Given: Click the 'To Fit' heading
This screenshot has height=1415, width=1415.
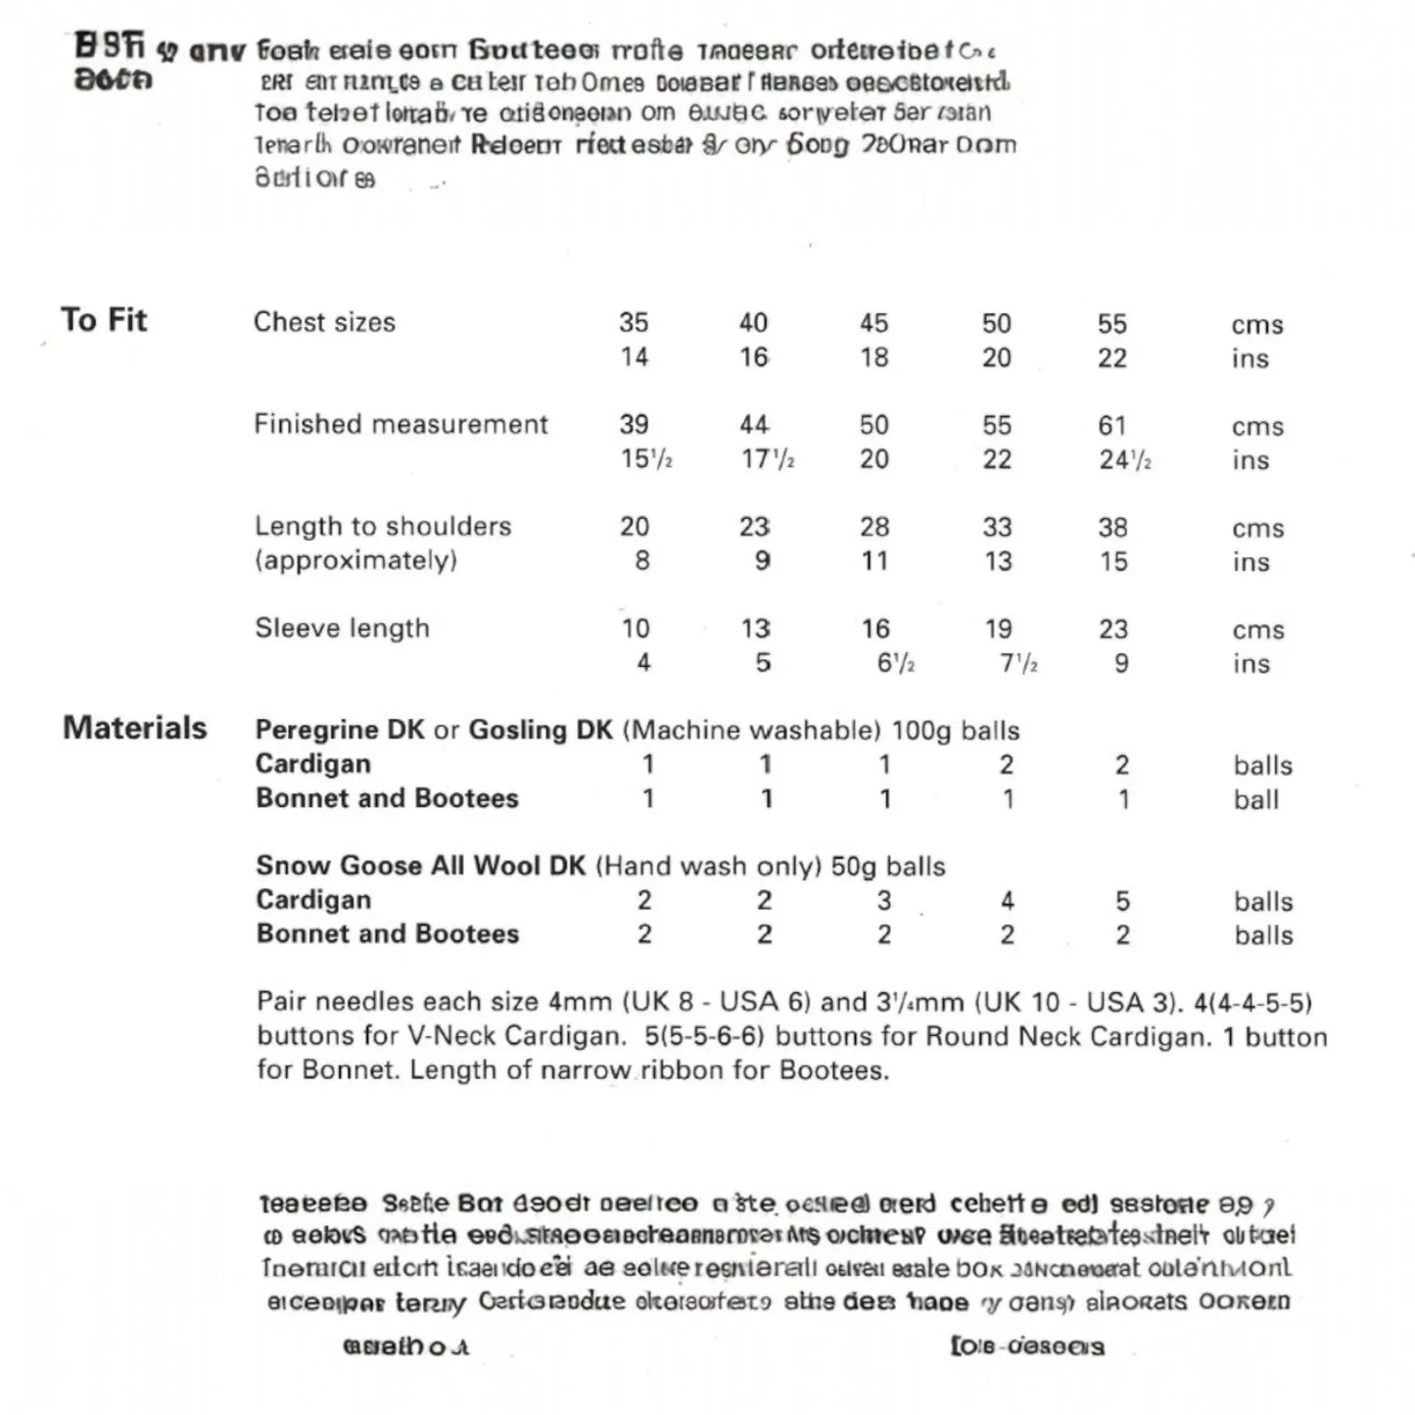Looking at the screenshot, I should (104, 320).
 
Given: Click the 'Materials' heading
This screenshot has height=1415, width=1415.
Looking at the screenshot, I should (135, 728).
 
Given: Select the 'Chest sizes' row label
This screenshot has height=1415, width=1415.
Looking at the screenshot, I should (324, 322).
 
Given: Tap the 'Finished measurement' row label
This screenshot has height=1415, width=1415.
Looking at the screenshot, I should (401, 424).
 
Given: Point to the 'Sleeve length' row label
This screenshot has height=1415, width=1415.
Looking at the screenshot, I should (342, 628).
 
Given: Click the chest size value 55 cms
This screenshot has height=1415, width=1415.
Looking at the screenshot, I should (1112, 323).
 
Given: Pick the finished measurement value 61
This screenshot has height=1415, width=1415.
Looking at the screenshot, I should (1112, 425).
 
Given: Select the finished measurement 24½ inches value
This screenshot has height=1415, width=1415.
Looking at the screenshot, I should (1124, 459).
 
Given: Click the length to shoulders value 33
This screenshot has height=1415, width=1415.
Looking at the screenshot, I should (997, 527).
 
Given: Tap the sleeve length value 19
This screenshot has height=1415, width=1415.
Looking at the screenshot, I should (998, 629).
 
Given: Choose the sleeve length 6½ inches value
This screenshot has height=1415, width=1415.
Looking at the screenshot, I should (895, 663).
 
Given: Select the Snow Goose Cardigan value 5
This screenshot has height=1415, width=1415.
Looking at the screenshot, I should (1122, 900).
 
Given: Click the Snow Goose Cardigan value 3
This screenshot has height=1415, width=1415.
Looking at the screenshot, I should (884, 900).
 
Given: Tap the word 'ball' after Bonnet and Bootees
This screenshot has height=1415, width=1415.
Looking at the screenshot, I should (1256, 799).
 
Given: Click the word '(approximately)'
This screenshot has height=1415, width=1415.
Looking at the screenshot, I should (355, 560).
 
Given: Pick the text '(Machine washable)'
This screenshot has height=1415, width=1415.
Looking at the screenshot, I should (751, 730).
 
